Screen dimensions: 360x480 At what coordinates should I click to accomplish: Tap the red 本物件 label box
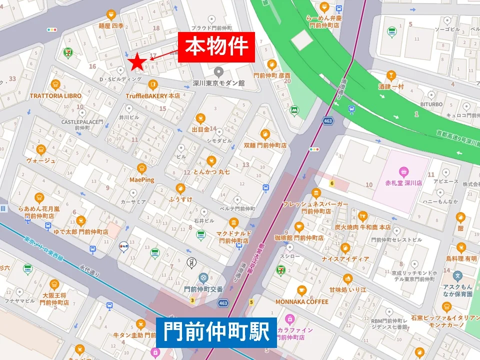(216, 47)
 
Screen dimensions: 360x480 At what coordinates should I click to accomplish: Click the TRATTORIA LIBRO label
(55, 95)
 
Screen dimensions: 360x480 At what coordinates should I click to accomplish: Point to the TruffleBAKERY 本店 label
(153, 95)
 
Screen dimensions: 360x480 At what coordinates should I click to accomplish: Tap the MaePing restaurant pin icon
(141, 168)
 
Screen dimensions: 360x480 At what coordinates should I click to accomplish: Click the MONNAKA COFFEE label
(301, 302)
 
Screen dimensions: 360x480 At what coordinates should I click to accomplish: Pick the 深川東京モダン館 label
(218, 83)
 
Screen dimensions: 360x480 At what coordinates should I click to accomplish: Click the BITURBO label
(430, 104)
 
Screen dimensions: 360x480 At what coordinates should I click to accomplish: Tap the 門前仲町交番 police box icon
(203, 277)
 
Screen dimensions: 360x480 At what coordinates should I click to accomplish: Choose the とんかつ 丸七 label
(211, 172)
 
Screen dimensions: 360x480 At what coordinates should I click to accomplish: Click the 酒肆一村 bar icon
(391, 75)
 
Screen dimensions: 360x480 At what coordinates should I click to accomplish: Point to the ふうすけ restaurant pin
(180, 188)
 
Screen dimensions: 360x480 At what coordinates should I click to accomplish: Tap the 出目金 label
(200, 129)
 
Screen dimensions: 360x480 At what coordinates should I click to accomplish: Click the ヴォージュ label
(41, 160)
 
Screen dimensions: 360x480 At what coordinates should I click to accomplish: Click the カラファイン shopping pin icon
(289, 319)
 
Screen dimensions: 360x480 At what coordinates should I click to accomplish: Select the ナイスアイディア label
(345, 259)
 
